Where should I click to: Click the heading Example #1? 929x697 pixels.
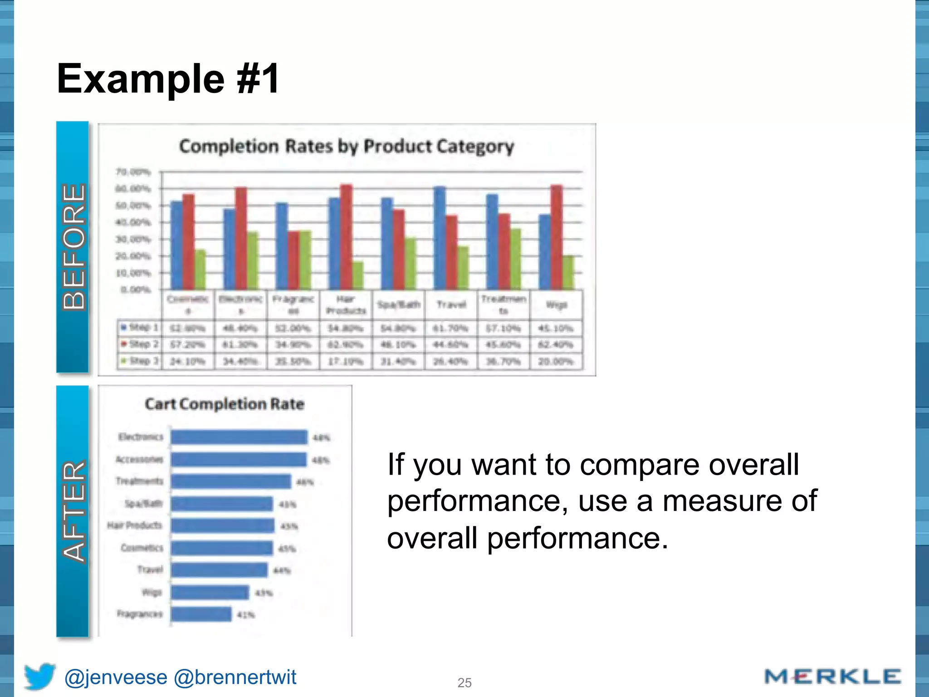tap(168, 79)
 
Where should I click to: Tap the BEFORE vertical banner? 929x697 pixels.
tap(73, 247)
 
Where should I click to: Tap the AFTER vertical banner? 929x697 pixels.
tap(73, 511)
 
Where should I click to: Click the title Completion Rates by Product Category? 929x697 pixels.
tap(347, 146)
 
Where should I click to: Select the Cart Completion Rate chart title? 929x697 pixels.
tap(225, 404)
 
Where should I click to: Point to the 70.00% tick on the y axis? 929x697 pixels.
tap(133, 172)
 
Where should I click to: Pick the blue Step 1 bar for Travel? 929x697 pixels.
tap(440, 238)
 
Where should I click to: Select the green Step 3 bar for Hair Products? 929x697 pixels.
tap(358, 275)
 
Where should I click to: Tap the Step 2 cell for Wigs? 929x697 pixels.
tap(556, 344)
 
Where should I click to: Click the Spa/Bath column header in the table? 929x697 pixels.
tap(398, 304)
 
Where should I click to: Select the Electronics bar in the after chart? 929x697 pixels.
tap(239, 437)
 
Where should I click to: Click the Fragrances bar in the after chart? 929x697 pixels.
tap(201, 614)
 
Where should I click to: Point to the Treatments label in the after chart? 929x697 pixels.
tap(139, 481)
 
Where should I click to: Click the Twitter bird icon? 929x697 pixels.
tap(39, 676)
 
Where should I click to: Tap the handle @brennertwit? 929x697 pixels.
tap(235, 677)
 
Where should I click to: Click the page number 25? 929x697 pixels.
tap(464, 682)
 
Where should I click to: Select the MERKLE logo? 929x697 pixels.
tap(832, 677)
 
